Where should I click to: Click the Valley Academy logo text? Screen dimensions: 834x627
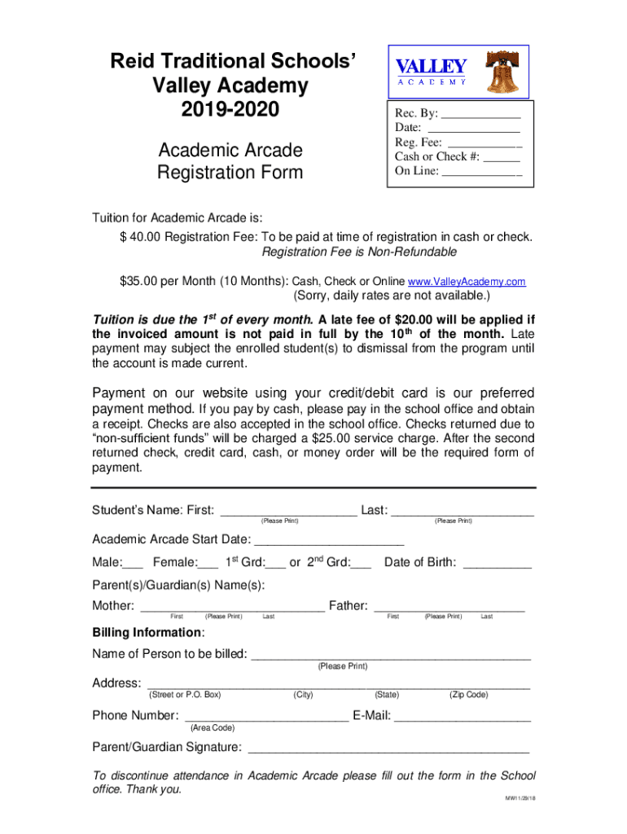point(431,70)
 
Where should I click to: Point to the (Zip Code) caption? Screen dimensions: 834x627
point(468,695)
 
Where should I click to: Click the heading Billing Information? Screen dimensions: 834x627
point(147,633)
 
